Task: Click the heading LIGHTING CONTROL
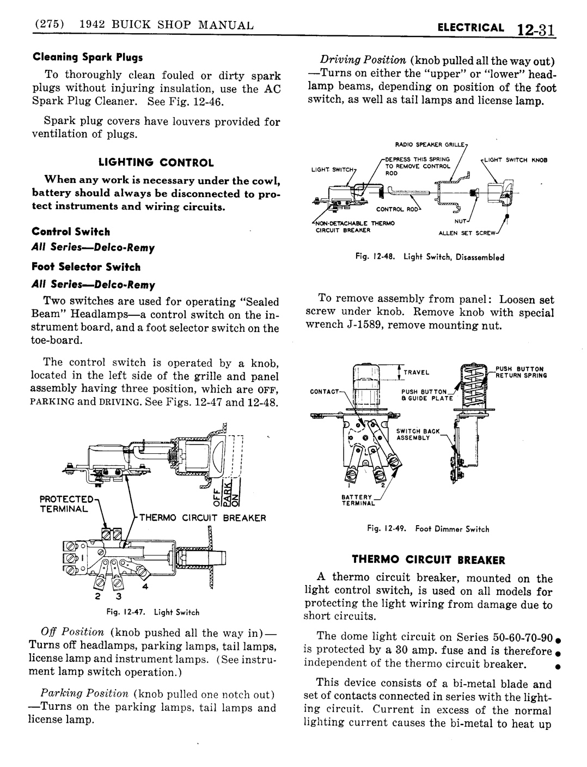(x=156, y=162)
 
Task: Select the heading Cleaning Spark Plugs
(x=88, y=57)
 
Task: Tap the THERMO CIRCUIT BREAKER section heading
(x=428, y=559)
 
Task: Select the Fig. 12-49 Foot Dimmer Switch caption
(x=428, y=528)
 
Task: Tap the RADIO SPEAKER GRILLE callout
(x=431, y=144)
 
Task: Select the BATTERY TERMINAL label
(x=357, y=500)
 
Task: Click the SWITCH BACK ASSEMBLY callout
(x=414, y=434)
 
